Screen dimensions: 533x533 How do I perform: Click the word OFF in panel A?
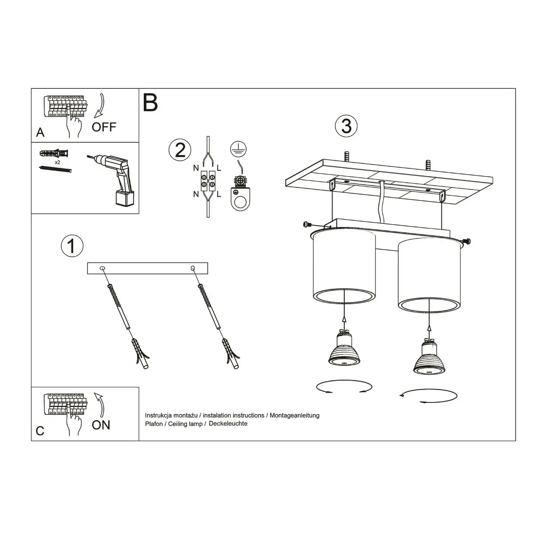point(103,127)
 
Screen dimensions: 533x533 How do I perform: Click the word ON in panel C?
point(101,425)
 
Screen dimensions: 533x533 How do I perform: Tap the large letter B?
point(150,103)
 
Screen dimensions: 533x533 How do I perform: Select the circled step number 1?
point(72,246)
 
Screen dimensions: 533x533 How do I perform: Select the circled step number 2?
point(180,150)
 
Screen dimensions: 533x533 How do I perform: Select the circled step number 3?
point(346,126)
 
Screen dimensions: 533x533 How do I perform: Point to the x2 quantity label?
point(58,163)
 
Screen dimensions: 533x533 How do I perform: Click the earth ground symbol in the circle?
point(239,150)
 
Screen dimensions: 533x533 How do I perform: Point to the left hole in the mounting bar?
point(103,268)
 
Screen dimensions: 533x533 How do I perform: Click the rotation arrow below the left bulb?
point(344,387)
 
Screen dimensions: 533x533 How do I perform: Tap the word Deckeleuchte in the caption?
point(228,424)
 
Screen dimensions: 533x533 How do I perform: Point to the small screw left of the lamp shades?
point(306,225)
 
